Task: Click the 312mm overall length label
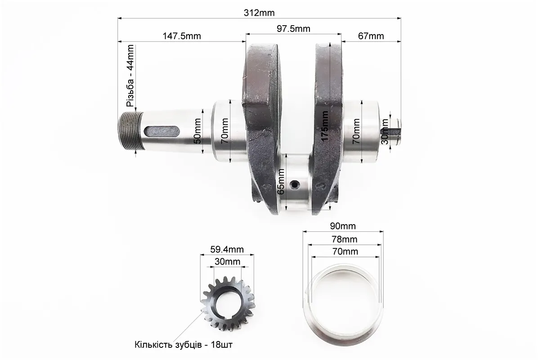tap(259, 13)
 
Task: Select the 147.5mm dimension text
tap(181, 36)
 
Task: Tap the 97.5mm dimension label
tap(293, 29)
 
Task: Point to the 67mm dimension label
tap(371, 36)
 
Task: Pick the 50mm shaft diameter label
tap(197, 131)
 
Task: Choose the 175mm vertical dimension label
tap(325, 126)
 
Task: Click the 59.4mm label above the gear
tap(227, 249)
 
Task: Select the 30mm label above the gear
tap(227, 262)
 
